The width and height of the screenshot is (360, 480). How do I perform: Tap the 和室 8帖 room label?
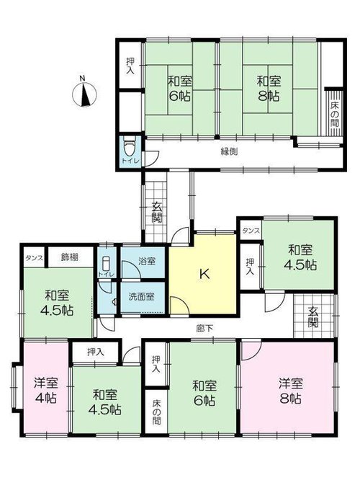(269, 89)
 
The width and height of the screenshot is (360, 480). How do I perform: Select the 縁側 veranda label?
(229, 151)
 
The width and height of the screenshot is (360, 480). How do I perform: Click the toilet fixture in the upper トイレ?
(128, 146)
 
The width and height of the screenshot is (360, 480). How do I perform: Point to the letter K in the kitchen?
(204, 274)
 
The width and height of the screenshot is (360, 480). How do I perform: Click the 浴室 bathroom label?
(147, 261)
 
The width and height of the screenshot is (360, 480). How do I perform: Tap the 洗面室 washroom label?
(141, 296)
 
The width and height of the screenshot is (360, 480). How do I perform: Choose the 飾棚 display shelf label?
(69, 257)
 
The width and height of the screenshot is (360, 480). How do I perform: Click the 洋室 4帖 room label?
(46, 390)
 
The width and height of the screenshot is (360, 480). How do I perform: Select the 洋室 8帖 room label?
(291, 391)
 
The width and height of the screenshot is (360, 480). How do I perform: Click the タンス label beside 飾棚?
(35, 257)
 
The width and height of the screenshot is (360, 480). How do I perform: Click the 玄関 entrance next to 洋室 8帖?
(313, 316)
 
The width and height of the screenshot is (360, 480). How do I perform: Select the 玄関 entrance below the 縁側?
(157, 213)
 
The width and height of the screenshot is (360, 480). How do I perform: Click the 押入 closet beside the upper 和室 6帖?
(130, 66)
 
